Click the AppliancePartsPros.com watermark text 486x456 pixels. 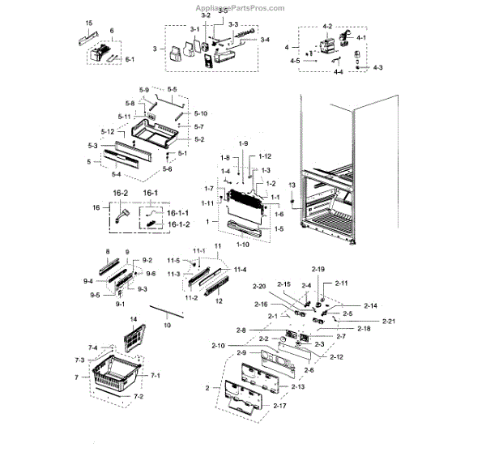241,9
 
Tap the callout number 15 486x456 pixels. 88,23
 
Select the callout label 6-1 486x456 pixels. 130,59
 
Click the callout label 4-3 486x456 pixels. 378,66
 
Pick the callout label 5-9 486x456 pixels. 144,88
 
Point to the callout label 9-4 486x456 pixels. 89,281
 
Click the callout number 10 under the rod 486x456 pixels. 168,325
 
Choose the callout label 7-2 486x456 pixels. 139,396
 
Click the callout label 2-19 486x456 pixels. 319,269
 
